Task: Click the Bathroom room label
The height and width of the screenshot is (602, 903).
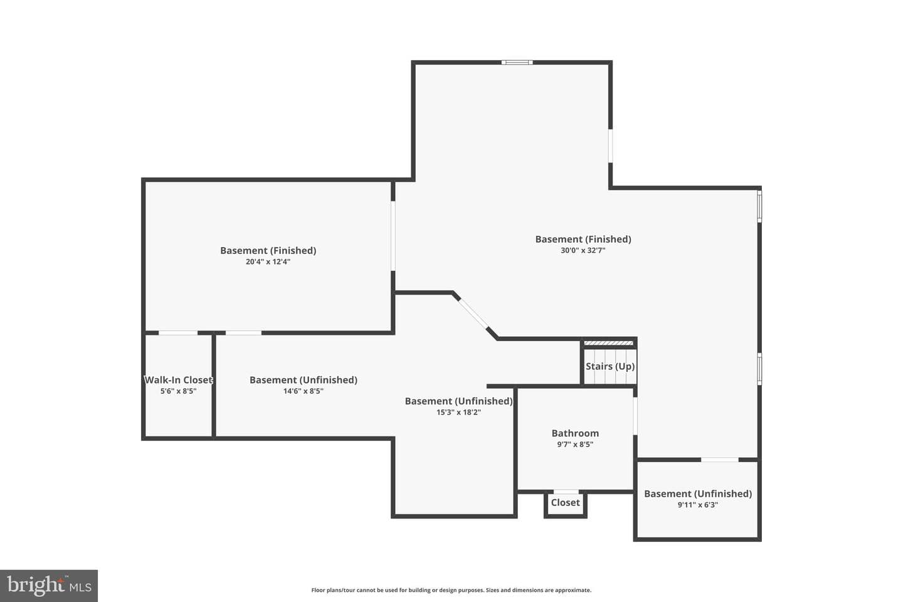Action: (x=575, y=433)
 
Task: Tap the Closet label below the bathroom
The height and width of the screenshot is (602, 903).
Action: (x=565, y=503)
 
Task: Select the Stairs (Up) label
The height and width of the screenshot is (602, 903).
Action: (x=610, y=366)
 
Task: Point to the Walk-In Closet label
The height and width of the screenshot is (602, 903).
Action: (x=178, y=380)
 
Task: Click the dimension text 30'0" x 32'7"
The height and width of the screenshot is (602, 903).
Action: (x=583, y=250)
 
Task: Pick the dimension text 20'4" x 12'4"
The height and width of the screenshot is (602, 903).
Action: (x=268, y=261)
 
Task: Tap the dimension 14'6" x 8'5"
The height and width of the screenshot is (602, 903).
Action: (x=303, y=391)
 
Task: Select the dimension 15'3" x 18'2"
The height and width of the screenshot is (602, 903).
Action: (x=459, y=413)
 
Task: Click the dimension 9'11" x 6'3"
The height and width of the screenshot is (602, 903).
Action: (x=698, y=505)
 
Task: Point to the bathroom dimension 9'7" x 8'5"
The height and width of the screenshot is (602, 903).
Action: (x=575, y=445)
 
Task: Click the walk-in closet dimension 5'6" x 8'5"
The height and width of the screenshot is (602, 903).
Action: (x=178, y=391)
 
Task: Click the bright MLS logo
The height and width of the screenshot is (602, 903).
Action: (x=49, y=586)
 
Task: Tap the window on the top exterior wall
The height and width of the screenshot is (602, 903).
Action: (x=517, y=63)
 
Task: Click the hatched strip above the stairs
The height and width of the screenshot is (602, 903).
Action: (x=609, y=343)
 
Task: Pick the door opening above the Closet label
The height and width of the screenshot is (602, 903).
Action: (x=566, y=492)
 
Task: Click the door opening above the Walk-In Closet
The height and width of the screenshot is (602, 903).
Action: (x=178, y=333)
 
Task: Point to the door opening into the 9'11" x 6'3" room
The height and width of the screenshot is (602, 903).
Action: (x=720, y=460)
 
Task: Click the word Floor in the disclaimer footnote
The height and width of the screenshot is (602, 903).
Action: (x=317, y=590)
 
